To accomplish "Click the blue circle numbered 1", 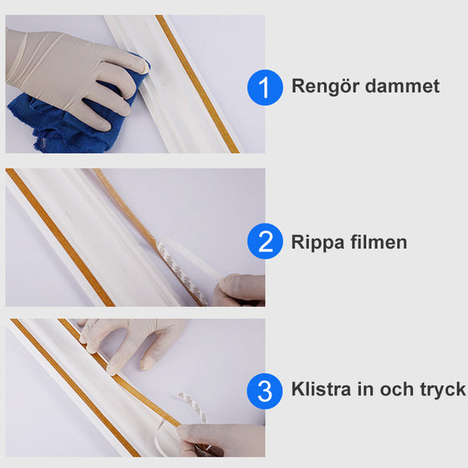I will [265, 87].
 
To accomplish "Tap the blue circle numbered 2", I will [265, 242].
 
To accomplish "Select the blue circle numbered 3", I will [265, 389].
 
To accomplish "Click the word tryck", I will [420, 390].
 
